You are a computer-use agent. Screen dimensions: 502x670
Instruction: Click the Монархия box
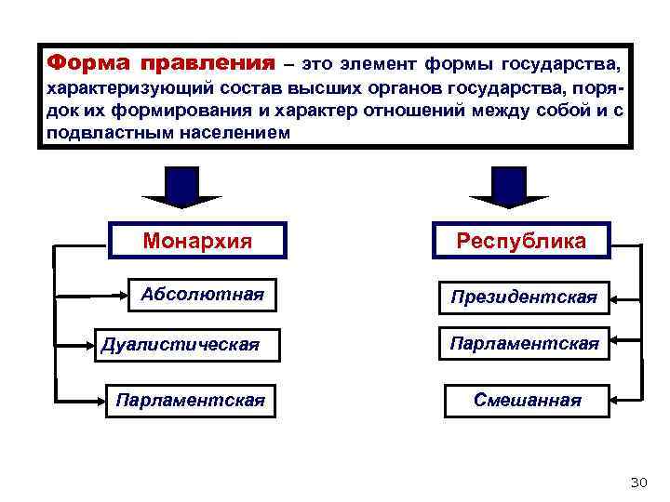tap(197, 242)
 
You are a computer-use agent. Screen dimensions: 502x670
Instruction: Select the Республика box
tap(520, 242)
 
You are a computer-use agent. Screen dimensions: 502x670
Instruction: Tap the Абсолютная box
tap(202, 296)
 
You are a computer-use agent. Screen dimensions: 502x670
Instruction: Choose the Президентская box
tap(524, 298)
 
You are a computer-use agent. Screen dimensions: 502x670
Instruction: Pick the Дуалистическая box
tap(179, 346)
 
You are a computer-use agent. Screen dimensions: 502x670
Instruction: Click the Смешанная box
tap(527, 401)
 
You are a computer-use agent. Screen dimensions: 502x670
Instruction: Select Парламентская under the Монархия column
tap(189, 401)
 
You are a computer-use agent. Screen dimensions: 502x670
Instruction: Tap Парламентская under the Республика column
tap(524, 345)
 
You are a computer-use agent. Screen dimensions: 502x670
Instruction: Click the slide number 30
tap(637, 482)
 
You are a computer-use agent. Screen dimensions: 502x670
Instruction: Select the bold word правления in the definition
tap(207, 64)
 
